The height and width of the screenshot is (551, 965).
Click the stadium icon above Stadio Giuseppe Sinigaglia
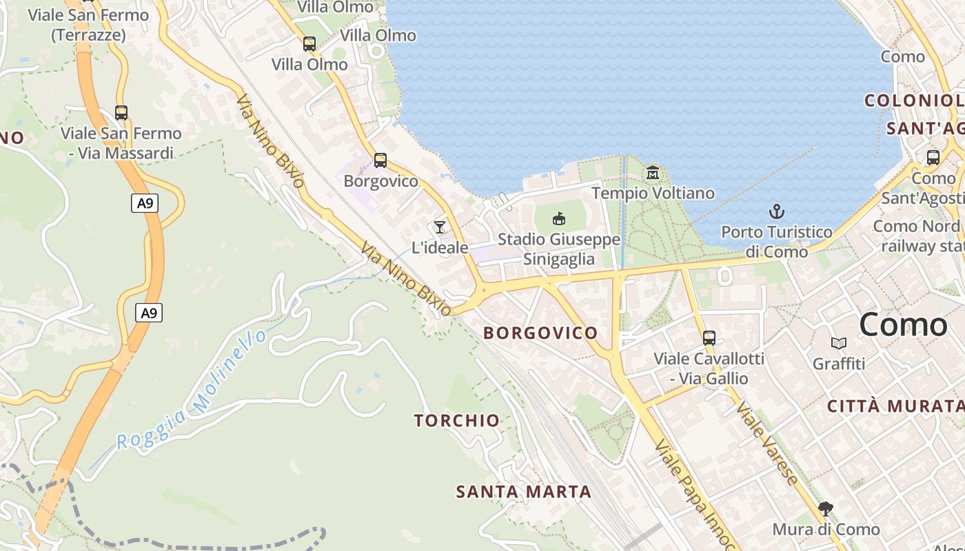point(559,219)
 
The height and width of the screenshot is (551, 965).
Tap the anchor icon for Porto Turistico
point(777,211)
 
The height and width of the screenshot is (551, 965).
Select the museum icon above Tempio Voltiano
point(653,172)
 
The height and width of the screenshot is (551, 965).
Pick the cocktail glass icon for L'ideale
point(440,227)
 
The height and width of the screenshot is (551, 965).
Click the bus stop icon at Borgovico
point(380,160)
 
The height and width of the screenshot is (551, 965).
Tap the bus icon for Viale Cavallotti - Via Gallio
point(709,338)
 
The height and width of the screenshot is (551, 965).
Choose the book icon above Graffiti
point(839,343)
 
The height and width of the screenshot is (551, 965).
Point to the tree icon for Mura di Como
point(826,509)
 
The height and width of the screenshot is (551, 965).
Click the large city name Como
point(903,324)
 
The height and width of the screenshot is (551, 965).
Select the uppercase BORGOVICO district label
point(540,333)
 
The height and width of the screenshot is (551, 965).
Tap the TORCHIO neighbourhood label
point(456,420)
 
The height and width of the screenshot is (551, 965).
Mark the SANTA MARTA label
point(524,492)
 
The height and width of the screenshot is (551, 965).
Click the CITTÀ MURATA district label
point(895,406)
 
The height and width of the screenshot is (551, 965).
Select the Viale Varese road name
point(766,444)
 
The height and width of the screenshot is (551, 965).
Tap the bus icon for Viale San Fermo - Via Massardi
point(121,112)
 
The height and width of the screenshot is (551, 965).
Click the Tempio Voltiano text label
point(653,193)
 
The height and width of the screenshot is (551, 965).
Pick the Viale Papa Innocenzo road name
point(693,493)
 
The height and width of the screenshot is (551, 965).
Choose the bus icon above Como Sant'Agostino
point(933,158)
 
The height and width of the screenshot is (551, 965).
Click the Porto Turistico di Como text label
point(777,241)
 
